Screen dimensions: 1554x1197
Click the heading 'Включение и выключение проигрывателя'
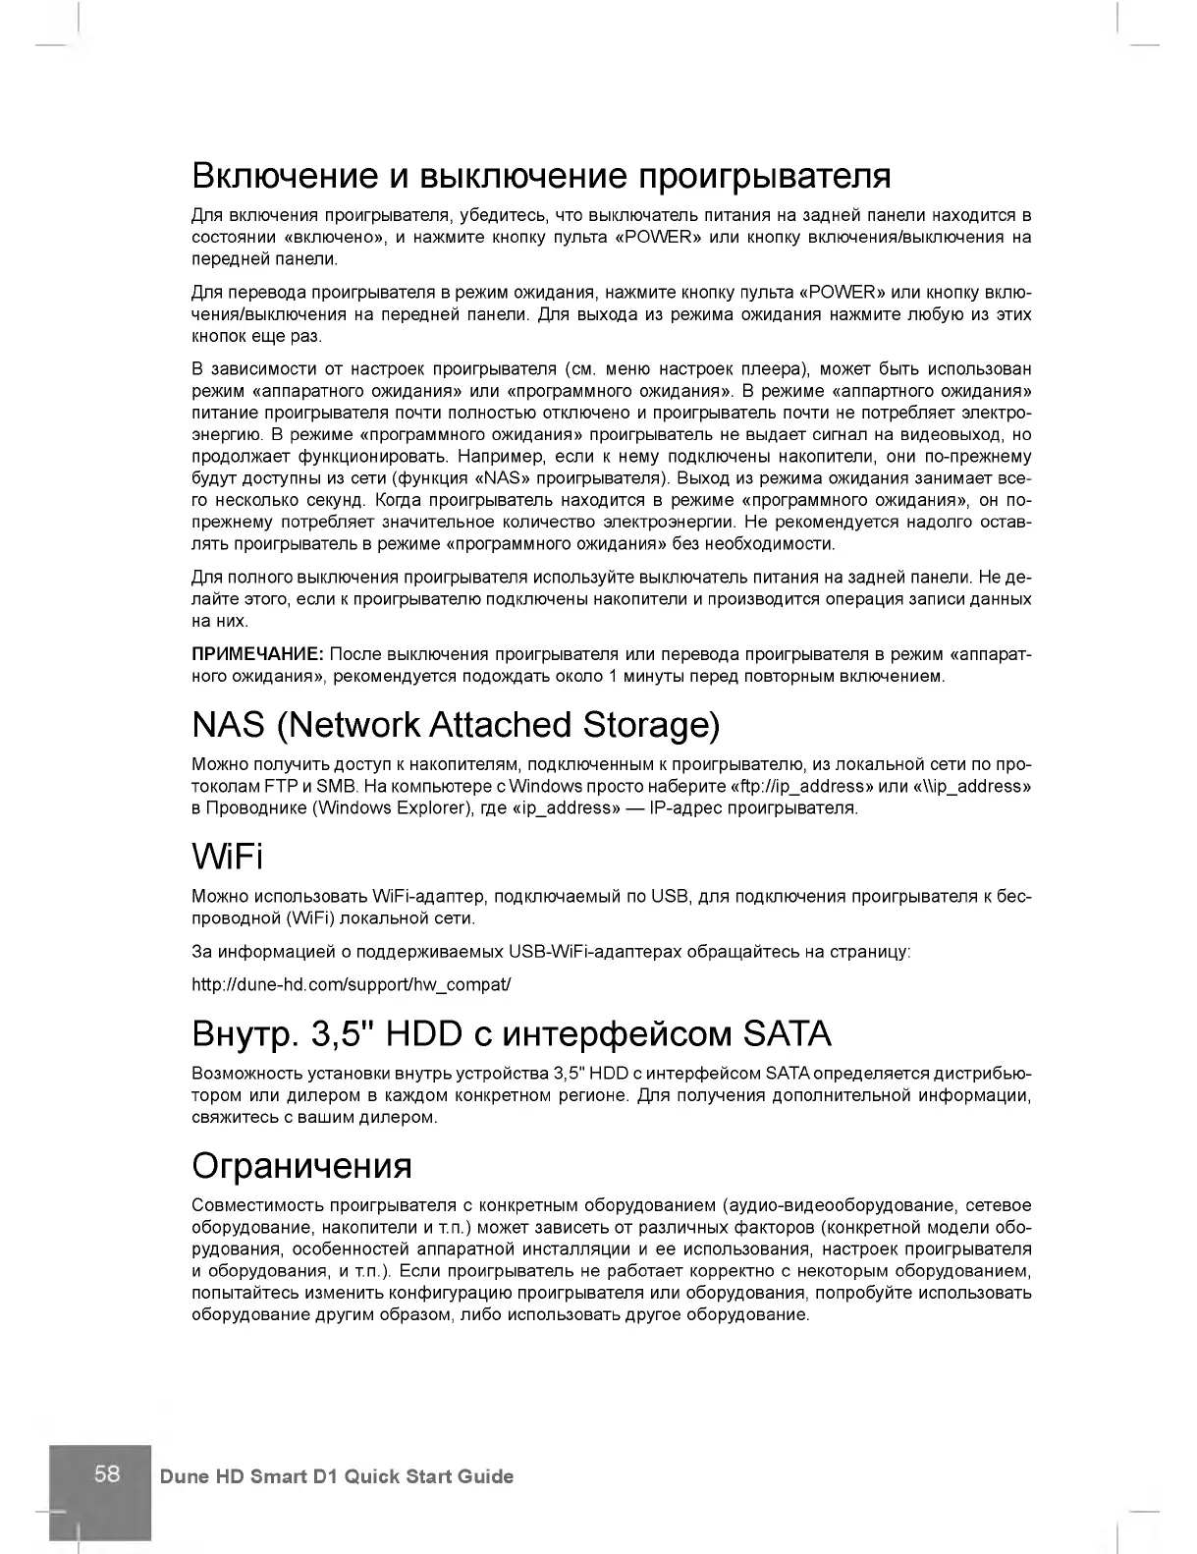[x=541, y=176]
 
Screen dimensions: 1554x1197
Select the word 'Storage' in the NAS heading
[x=651, y=725]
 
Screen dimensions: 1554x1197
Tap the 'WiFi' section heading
[x=227, y=858]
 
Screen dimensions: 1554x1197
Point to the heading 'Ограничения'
[x=301, y=1165]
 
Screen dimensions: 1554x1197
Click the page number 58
[x=107, y=1473]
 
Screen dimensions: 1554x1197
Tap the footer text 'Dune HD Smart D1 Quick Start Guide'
[x=336, y=1476]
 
